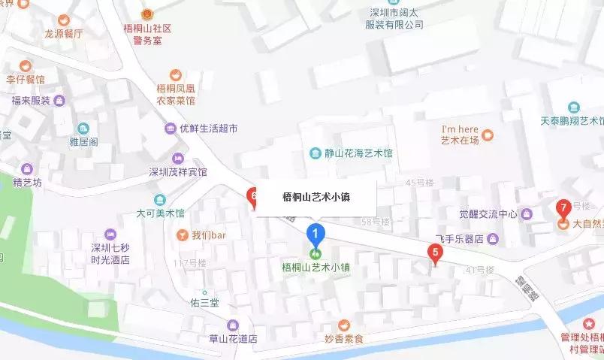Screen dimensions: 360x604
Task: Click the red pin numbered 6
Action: click(x=253, y=198)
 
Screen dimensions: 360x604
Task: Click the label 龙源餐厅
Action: click(x=64, y=34)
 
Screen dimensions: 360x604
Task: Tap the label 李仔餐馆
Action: click(x=26, y=79)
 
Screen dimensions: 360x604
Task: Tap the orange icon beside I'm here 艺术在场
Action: click(x=488, y=135)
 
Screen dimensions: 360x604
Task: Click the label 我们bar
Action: click(x=209, y=235)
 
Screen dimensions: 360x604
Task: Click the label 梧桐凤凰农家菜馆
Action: click(x=176, y=93)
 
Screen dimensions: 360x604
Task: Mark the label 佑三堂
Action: click(x=204, y=303)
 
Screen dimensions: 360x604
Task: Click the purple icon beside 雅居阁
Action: click(x=83, y=129)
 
